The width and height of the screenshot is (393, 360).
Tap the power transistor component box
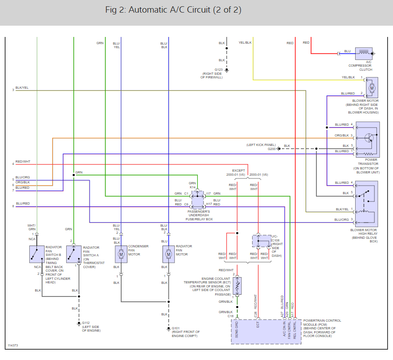367,139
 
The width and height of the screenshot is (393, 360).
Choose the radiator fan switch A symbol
73,254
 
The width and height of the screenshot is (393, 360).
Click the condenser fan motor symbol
121,254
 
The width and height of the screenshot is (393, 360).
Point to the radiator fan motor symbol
168,254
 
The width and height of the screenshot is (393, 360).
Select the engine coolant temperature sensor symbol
237,286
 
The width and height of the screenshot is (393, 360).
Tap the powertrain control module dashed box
266,332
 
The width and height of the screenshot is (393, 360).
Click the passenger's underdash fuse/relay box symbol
198,200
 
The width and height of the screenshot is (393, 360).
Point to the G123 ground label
218,70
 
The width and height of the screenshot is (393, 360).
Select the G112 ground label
86,323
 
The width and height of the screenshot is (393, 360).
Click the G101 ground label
176,328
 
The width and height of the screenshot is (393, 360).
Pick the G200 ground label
272,149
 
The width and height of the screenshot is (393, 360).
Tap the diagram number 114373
13,346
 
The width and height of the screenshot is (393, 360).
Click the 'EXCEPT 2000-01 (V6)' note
235,173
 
